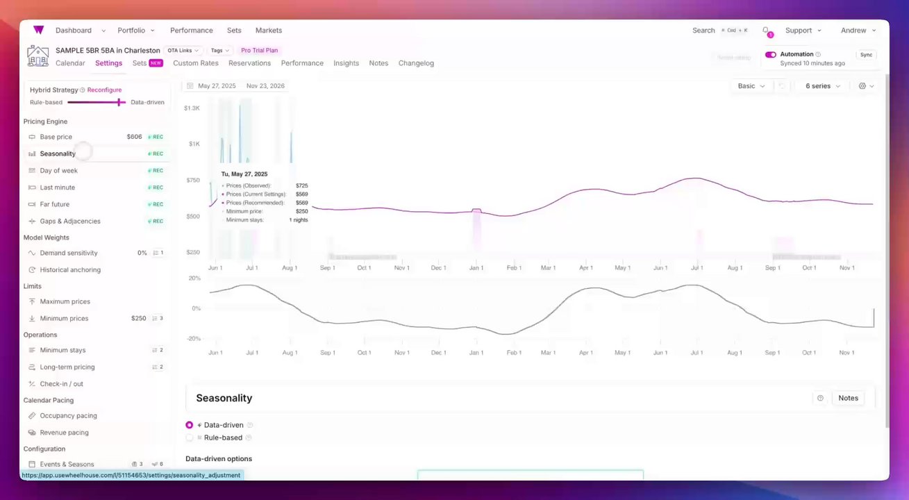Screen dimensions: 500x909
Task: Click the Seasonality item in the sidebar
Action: click(58, 153)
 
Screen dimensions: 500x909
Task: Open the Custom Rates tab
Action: click(196, 63)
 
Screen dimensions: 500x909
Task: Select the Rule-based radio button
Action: click(190, 437)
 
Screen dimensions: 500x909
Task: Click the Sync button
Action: click(866, 55)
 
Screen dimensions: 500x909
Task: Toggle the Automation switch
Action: click(770, 54)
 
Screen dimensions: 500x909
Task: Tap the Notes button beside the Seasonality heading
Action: click(848, 398)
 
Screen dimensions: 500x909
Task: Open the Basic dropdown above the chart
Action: click(751, 86)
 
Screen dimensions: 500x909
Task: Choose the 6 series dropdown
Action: click(823, 86)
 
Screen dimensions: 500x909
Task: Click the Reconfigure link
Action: click(104, 90)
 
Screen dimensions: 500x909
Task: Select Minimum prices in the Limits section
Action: click(64, 318)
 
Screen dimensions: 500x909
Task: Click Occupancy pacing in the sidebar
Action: click(68, 415)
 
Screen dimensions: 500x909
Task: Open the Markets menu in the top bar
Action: click(269, 31)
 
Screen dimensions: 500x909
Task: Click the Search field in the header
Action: click(703, 31)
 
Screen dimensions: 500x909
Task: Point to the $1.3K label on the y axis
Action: click(192, 108)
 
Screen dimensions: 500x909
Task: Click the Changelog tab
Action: click(416, 63)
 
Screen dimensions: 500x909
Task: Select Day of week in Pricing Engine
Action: click(58, 170)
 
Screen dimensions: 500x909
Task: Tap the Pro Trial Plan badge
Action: click(260, 50)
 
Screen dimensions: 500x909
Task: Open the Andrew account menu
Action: click(858, 31)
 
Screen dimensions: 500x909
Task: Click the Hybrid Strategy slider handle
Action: click(119, 102)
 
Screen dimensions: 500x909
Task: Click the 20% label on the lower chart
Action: click(194, 278)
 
